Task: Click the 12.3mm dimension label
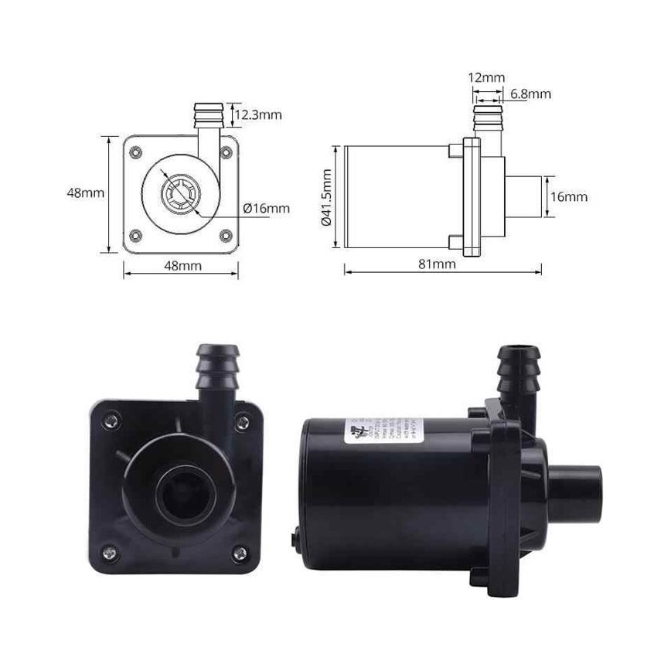click(x=257, y=115)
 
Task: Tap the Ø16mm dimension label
click(x=266, y=208)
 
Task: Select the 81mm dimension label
click(x=437, y=264)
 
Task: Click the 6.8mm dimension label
click(x=530, y=94)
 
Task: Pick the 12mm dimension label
click(x=486, y=77)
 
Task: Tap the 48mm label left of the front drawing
click(x=85, y=192)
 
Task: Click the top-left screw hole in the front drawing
click(x=136, y=152)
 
